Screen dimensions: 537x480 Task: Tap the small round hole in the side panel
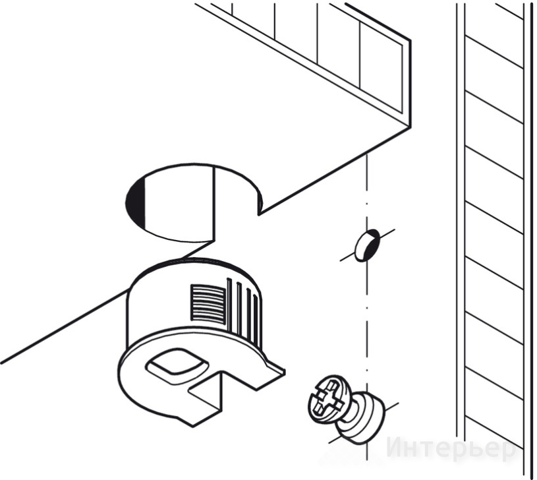[x=367, y=246]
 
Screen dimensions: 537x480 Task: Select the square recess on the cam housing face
[x=177, y=365]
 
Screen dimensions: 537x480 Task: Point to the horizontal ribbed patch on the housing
[x=208, y=303]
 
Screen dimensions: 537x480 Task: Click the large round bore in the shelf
[x=194, y=202]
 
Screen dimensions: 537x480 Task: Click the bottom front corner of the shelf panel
[x=410, y=127]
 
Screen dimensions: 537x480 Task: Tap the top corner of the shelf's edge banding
[x=410, y=40]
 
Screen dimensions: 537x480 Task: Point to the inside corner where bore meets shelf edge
[x=258, y=215]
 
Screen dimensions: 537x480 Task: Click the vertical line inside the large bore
[x=215, y=203]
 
